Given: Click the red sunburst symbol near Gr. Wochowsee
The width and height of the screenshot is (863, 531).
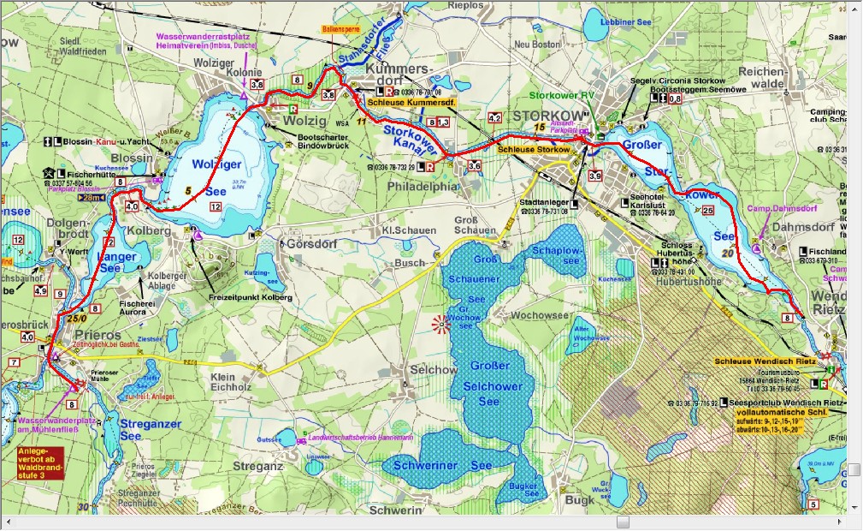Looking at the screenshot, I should point(441,324).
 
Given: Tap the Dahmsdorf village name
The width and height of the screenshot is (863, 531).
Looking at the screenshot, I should point(801,228).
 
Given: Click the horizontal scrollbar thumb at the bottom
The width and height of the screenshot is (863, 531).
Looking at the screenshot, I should point(621,522).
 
